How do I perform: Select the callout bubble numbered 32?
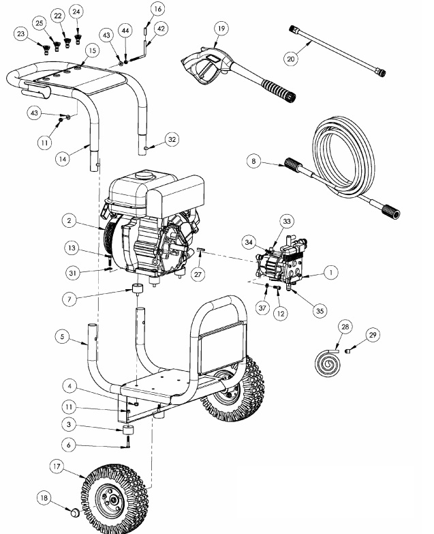172,139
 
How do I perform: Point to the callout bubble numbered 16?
157,9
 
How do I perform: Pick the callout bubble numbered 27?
198,273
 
